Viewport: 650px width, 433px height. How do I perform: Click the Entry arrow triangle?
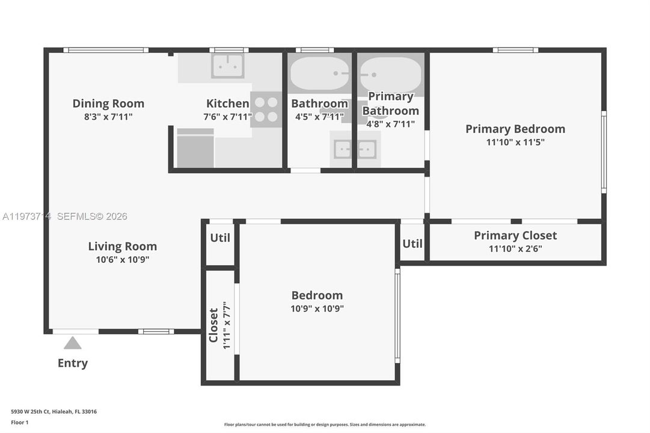point(73,343)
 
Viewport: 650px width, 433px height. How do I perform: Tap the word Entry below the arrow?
point(73,363)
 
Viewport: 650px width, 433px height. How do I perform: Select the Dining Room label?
point(108,103)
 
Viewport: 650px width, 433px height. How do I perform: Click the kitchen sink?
point(228,66)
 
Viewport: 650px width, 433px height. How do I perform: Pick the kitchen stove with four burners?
point(265,109)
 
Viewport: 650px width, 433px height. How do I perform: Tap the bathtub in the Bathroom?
point(319,75)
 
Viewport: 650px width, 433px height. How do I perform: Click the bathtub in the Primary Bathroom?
point(390,75)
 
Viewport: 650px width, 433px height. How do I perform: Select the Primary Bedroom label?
point(515,129)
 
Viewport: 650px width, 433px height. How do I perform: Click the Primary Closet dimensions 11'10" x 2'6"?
point(515,249)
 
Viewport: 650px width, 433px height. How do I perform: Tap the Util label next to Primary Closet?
point(412,244)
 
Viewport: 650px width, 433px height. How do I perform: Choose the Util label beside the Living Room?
point(220,238)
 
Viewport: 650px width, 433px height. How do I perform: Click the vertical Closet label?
point(213,325)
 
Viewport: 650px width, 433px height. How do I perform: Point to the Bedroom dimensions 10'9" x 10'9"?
point(317,309)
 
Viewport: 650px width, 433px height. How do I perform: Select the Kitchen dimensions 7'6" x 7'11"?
point(227,117)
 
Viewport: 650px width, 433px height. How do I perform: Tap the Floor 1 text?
point(20,423)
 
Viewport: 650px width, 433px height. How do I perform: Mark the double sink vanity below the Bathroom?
point(354,149)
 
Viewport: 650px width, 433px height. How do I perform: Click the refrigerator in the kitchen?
point(195,149)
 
